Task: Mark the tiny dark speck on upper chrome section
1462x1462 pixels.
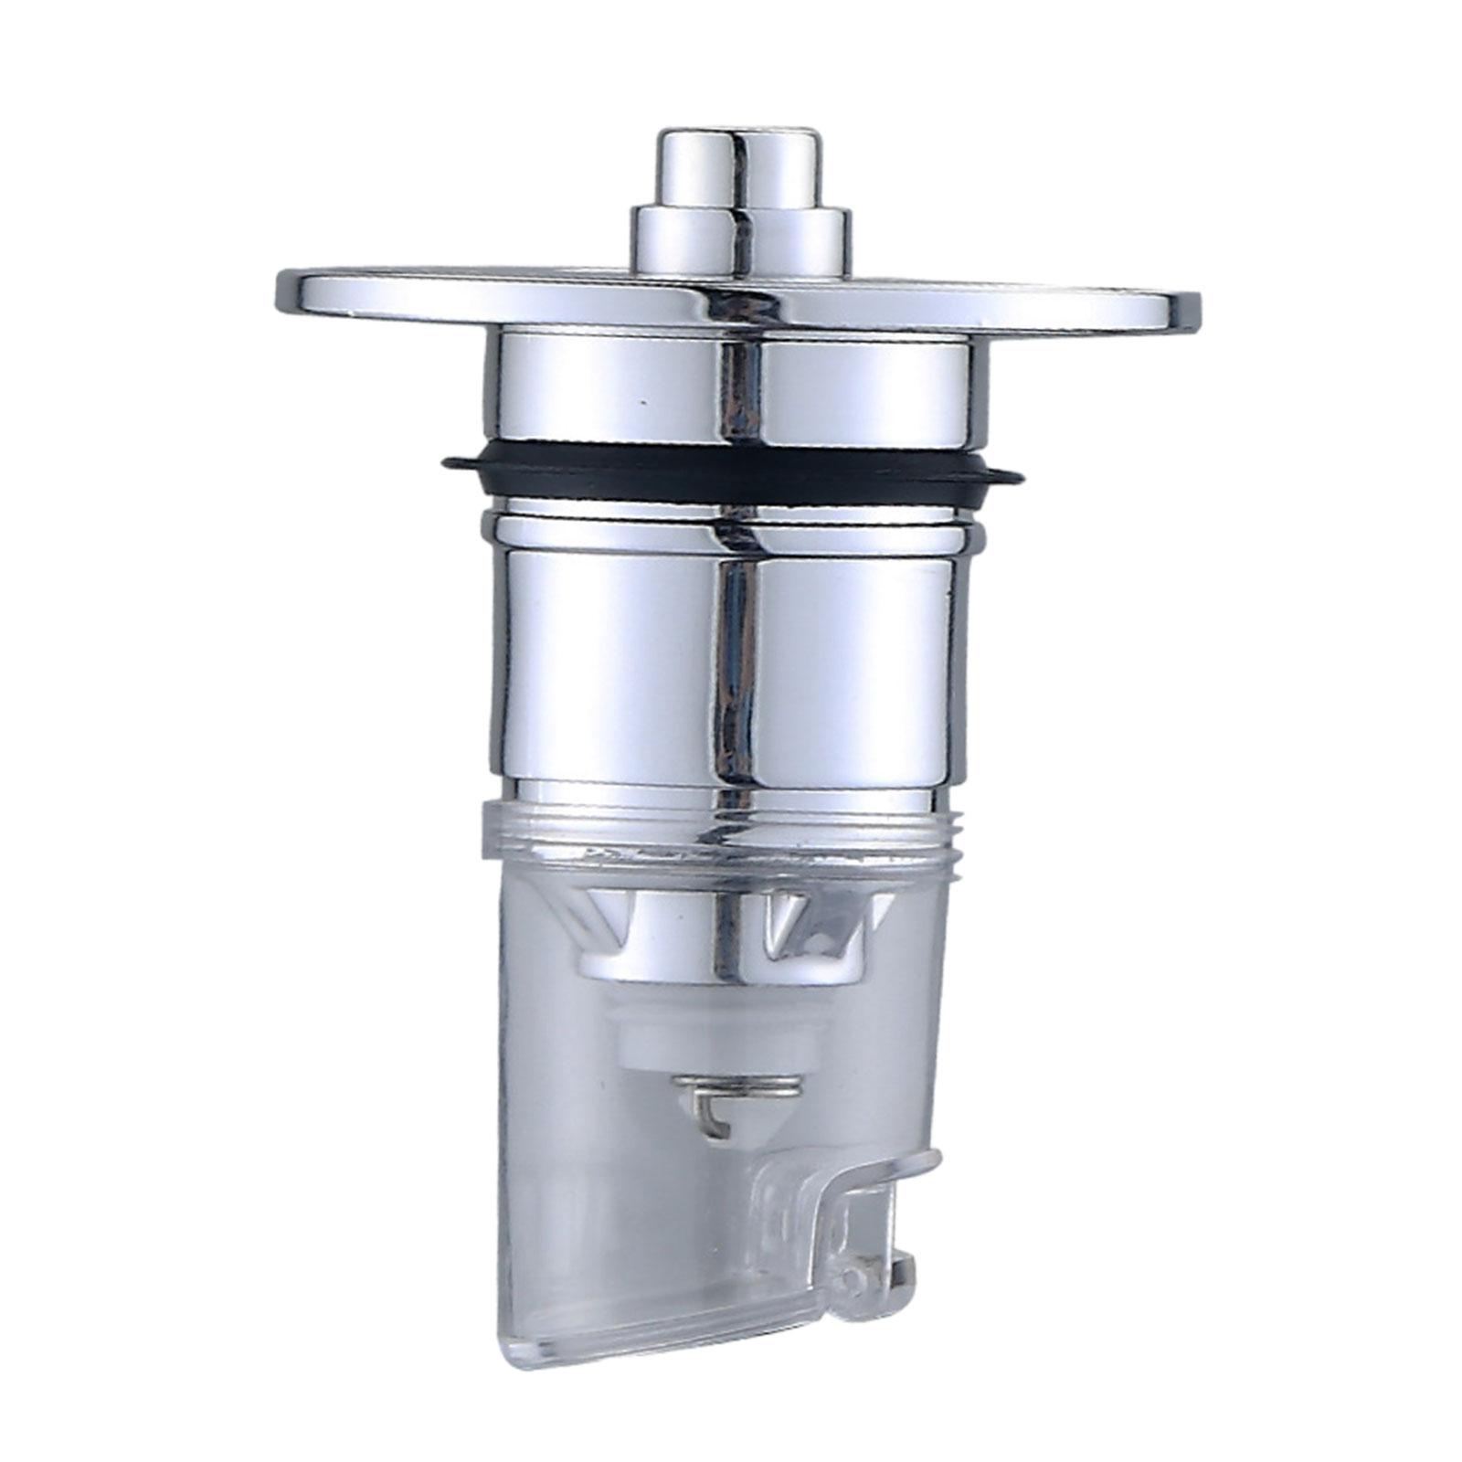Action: pos(643,401)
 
